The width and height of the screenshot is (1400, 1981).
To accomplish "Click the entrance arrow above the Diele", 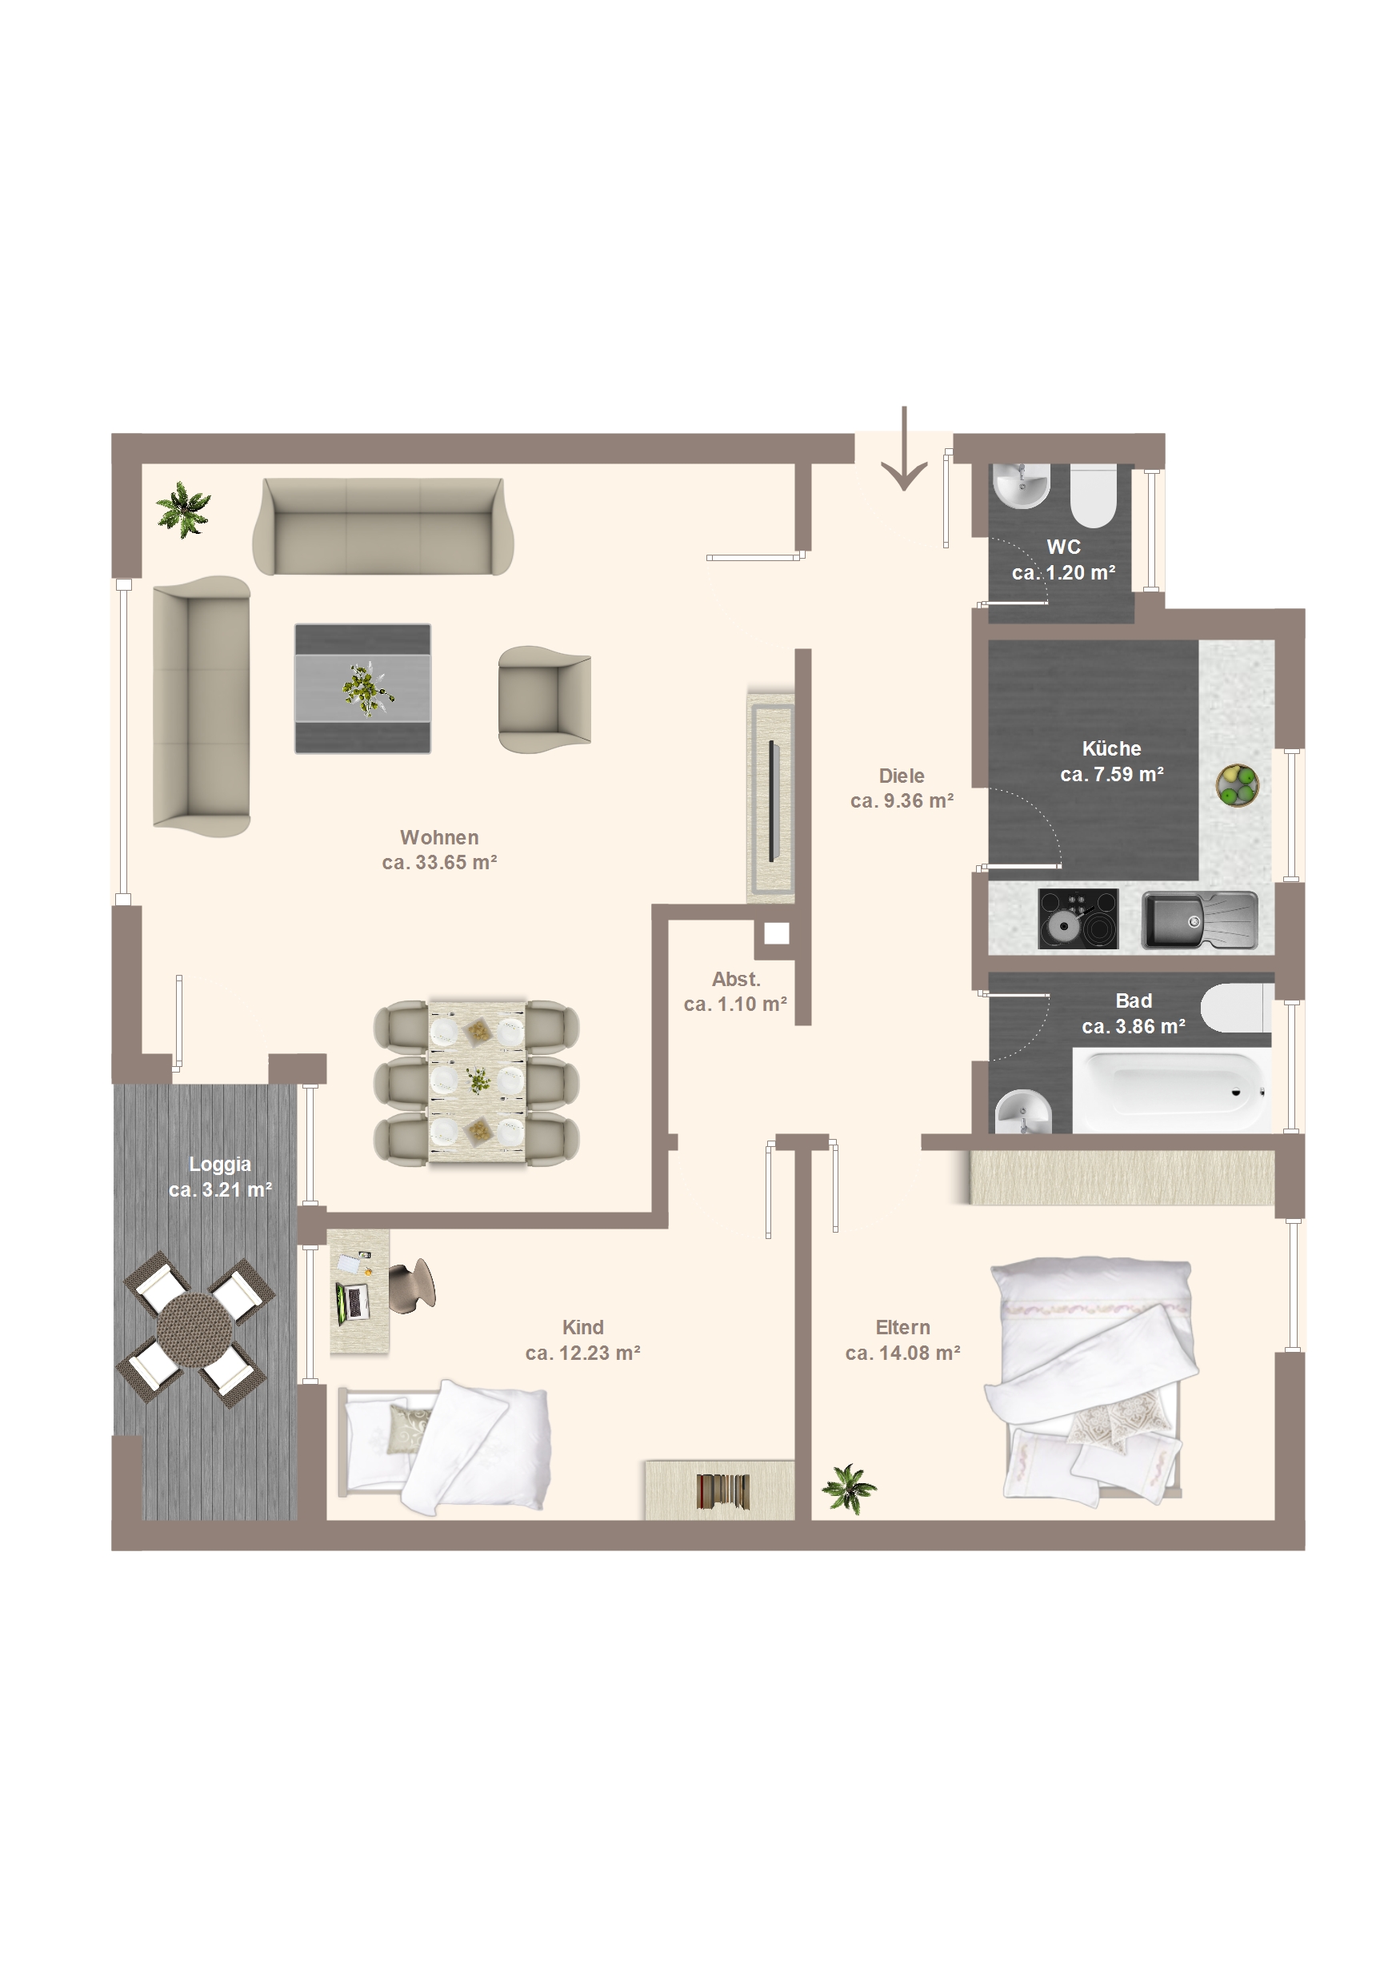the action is (x=904, y=449).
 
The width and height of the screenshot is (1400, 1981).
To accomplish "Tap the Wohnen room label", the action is (x=439, y=837).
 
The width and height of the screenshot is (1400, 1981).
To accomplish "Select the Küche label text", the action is (x=1111, y=748).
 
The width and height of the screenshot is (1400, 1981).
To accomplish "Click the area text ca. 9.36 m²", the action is (x=902, y=800).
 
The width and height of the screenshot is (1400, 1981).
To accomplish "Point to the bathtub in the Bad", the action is (x=1170, y=1089).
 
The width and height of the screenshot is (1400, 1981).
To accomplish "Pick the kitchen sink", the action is (x=1200, y=920).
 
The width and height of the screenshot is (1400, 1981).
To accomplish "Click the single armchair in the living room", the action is (x=544, y=700).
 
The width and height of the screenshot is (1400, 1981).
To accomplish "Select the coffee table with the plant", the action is (x=362, y=688).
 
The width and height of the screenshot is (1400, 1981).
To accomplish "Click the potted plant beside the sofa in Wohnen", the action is (x=183, y=509).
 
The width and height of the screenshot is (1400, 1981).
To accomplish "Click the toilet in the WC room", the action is (x=1093, y=496).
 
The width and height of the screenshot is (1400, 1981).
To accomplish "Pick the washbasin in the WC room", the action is (x=1022, y=486).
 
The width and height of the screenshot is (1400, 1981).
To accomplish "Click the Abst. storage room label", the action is (x=736, y=979).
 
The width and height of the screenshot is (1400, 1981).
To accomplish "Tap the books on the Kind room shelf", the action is (x=723, y=1491).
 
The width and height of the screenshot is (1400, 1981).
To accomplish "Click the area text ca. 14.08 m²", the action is (x=902, y=1353).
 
